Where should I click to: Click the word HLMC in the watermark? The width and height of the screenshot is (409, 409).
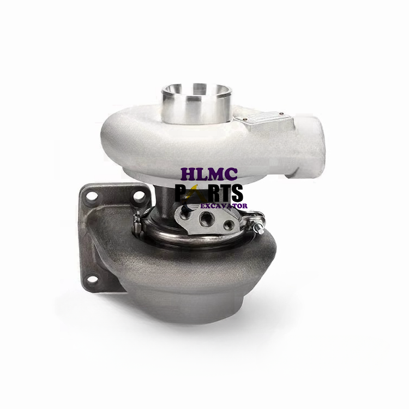pos(209,175)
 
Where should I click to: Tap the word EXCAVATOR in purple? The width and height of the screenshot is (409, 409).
pos(224,206)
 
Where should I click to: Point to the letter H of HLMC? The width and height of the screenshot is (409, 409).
pos(188,175)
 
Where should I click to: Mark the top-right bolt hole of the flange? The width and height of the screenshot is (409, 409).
pos(141,194)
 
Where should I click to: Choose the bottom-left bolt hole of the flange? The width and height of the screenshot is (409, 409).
pos(93,279)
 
